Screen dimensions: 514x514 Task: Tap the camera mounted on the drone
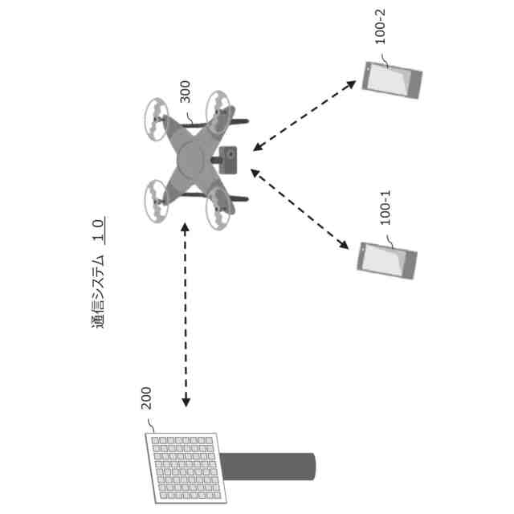click(x=227, y=158)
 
